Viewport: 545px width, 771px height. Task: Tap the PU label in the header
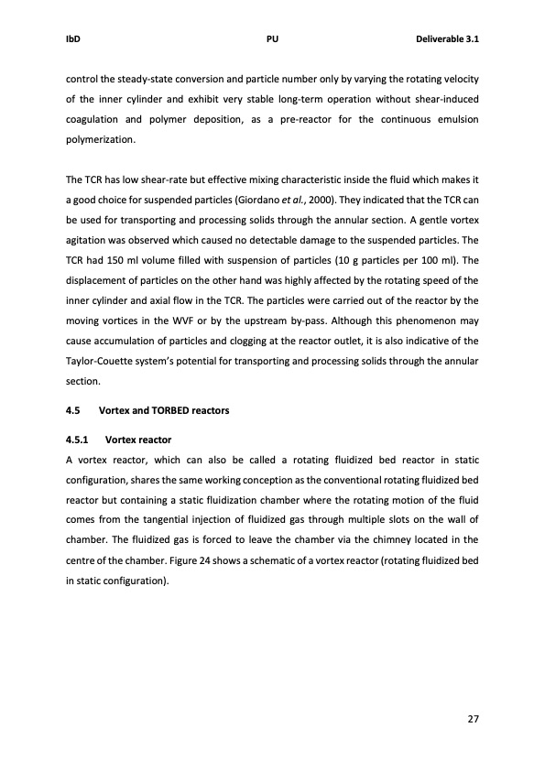(272, 40)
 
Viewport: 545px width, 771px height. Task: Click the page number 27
(473, 719)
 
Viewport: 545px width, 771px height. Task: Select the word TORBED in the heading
(181, 410)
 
